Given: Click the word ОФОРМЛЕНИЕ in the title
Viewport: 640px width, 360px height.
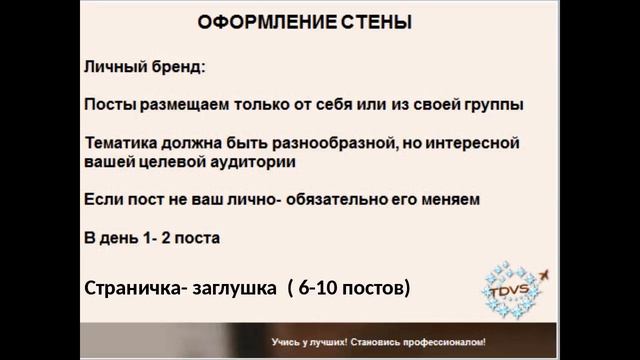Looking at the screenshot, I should coord(243,20).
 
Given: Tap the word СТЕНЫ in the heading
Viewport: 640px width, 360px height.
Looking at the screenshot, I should coord(370,20).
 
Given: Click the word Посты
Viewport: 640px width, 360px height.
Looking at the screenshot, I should coord(108,105).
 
